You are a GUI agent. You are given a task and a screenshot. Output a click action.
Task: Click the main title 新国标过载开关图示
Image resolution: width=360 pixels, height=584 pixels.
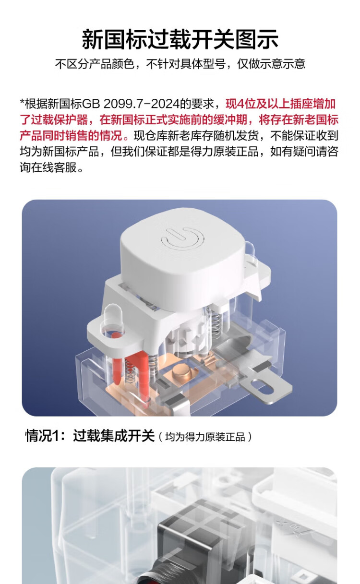[x=180, y=39]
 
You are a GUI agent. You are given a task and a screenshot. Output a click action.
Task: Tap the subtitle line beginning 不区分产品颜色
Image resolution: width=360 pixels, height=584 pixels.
[x=180, y=64]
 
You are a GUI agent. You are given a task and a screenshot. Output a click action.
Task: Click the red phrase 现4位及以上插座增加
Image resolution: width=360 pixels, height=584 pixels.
[x=280, y=104]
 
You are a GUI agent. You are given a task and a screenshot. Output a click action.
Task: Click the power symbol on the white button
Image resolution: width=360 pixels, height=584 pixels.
[x=182, y=238]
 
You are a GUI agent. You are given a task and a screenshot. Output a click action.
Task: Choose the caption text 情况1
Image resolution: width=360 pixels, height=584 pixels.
[x=42, y=436]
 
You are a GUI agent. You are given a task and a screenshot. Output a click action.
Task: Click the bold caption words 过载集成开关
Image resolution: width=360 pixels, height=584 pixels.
[x=114, y=436]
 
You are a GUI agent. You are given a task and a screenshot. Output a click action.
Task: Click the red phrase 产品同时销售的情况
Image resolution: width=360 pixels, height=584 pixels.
[x=71, y=136]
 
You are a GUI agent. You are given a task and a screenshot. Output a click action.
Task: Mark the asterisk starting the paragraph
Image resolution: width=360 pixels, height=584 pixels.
[x=22, y=102]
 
